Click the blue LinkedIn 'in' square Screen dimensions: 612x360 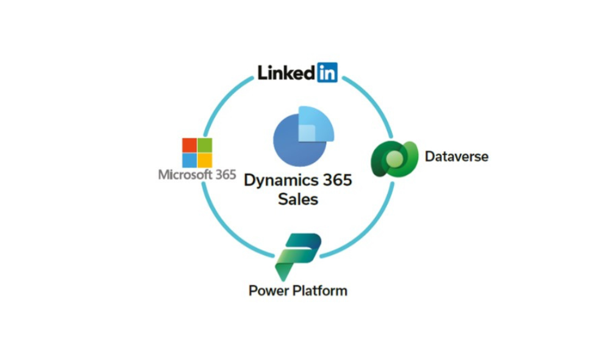click(x=327, y=72)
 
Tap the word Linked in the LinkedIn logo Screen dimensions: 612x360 click(x=286, y=72)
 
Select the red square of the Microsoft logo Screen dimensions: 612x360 click(x=190, y=145)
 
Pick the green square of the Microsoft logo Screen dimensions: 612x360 click(x=205, y=145)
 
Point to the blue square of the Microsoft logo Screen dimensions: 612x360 click(x=190, y=160)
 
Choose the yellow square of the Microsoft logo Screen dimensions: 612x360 click(x=205, y=160)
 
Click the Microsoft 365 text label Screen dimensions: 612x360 click(x=197, y=174)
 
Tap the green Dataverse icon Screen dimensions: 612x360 click(x=394, y=158)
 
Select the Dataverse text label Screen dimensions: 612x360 click(x=457, y=157)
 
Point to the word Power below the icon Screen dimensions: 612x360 click(x=269, y=291)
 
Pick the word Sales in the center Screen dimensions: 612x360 click(x=298, y=199)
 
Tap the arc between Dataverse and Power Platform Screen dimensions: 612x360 click(x=370, y=230)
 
